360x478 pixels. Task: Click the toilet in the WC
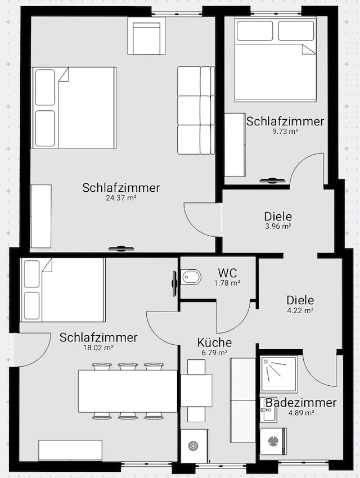point(191,277)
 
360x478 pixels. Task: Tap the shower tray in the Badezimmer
point(278,373)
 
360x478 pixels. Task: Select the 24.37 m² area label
point(121,197)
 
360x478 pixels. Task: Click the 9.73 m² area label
point(285,132)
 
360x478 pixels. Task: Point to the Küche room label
point(214,342)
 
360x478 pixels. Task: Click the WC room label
point(227,272)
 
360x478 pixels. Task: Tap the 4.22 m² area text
point(300,310)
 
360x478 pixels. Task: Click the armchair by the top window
point(147,35)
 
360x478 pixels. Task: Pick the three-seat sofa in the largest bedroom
point(196,110)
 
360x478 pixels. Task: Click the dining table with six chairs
point(128,391)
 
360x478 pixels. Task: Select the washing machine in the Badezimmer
point(273,441)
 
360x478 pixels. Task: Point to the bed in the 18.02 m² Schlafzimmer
point(62,290)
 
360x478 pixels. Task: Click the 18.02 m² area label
point(98,347)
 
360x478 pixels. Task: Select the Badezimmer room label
point(301,403)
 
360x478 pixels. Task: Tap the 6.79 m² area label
point(214,353)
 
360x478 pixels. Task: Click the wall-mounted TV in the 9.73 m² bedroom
point(272,181)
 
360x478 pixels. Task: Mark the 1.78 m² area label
point(227,283)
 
